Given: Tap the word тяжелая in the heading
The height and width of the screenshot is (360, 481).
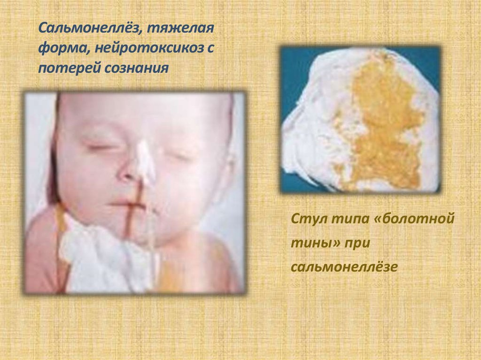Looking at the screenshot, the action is click(x=180, y=29).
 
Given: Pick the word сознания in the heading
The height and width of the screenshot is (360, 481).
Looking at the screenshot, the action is click(x=137, y=68).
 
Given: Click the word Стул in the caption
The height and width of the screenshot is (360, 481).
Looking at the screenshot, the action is click(x=307, y=219).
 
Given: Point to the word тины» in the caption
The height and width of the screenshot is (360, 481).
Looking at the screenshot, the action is click(x=316, y=243).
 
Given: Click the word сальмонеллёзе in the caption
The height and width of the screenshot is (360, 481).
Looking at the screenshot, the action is click(x=344, y=267).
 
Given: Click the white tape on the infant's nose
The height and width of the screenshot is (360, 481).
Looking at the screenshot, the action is click(x=145, y=162).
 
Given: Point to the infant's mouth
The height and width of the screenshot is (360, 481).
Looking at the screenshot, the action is click(x=127, y=205).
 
